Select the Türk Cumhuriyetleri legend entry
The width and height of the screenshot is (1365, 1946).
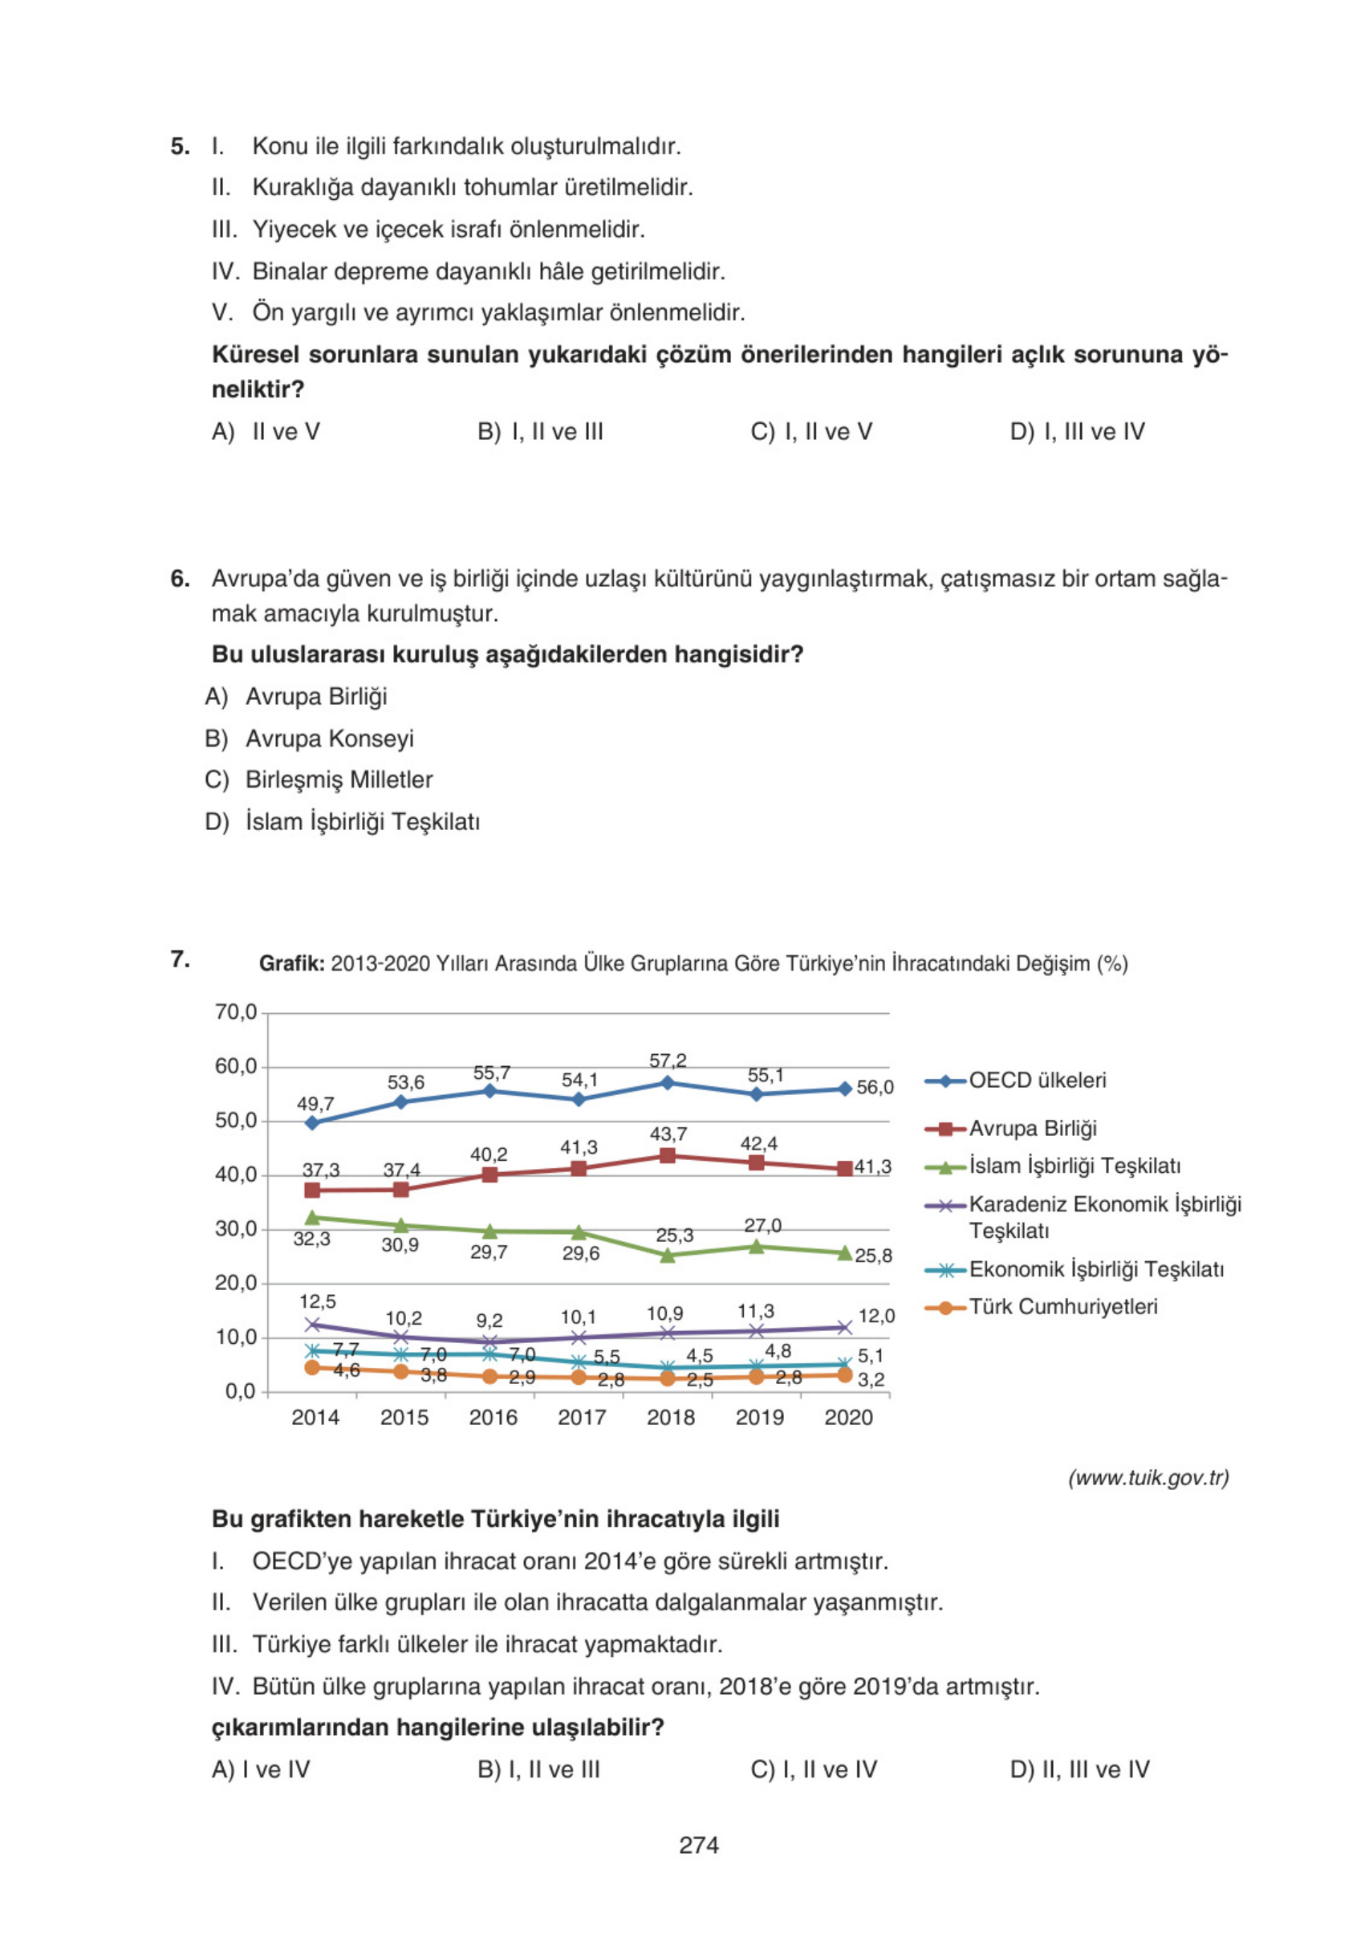point(1062,1307)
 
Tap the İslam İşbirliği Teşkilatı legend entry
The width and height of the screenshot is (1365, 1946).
point(1074,1166)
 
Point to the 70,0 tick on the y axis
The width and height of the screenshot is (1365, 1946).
point(236,1012)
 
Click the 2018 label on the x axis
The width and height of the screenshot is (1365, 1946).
point(670,1417)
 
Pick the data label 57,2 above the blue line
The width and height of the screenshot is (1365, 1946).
point(668,1061)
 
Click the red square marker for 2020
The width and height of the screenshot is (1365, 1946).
point(844,1169)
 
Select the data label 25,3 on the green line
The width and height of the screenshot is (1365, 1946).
point(674,1235)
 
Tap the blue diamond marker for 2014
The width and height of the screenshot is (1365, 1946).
point(312,1122)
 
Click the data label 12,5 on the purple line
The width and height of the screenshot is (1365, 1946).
point(317,1301)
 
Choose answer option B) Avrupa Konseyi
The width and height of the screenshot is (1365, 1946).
point(329,739)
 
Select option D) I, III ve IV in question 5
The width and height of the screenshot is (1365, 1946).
point(1076,431)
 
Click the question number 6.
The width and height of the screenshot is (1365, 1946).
point(180,579)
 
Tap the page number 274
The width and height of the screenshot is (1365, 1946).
point(698,1845)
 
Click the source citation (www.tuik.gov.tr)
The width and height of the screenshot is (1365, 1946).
point(1148,1478)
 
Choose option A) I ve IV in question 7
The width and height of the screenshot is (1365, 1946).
point(261,1769)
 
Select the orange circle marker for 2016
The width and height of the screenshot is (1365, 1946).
point(490,1378)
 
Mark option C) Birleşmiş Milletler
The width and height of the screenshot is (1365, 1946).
point(338,780)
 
